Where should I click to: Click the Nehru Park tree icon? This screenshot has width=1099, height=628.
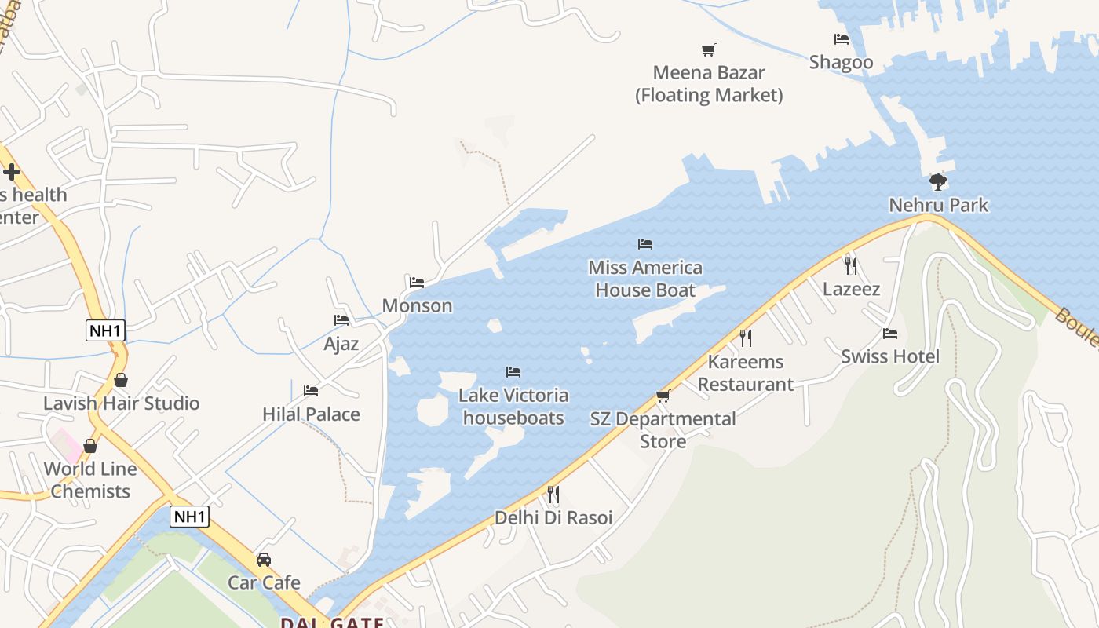click(x=937, y=182)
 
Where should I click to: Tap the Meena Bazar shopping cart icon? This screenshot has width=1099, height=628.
click(x=709, y=49)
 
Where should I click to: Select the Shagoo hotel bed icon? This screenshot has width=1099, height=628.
click(x=842, y=38)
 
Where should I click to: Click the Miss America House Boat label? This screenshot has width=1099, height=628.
click(x=645, y=279)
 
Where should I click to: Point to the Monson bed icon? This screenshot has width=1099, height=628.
click(x=417, y=282)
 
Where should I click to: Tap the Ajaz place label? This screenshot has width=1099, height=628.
click(x=341, y=344)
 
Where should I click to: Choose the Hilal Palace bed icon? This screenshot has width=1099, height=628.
click(x=311, y=390)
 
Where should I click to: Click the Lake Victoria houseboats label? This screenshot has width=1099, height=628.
click(x=513, y=407)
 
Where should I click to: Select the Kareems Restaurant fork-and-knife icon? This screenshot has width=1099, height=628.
click(x=746, y=338)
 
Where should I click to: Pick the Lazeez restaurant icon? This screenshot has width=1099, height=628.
click(x=851, y=265)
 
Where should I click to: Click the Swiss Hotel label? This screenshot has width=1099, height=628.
click(x=890, y=356)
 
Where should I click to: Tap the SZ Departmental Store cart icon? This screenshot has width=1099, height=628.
click(x=663, y=396)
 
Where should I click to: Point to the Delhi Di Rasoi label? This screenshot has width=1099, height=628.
click(x=553, y=518)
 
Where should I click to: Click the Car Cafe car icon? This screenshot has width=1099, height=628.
click(x=264, y=560)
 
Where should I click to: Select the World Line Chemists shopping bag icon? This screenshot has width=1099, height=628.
click(x=90, y=446)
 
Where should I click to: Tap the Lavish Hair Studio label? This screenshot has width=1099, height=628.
click(x=122, y=403)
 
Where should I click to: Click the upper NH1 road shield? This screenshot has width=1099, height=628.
click(x=105, y=330)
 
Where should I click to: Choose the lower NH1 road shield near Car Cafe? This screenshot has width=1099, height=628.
click(x=190, y=517)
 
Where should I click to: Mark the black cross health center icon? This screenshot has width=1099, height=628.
click(x=12, y=171)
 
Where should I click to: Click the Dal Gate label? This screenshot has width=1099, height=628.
click(x=333, y=623)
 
